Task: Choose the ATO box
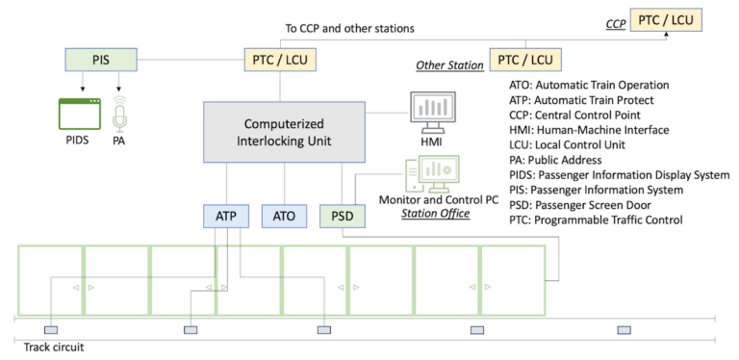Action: pyautogui.click(x=285, y=215)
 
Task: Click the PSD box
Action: pyautogui.click(x=342, y=215)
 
